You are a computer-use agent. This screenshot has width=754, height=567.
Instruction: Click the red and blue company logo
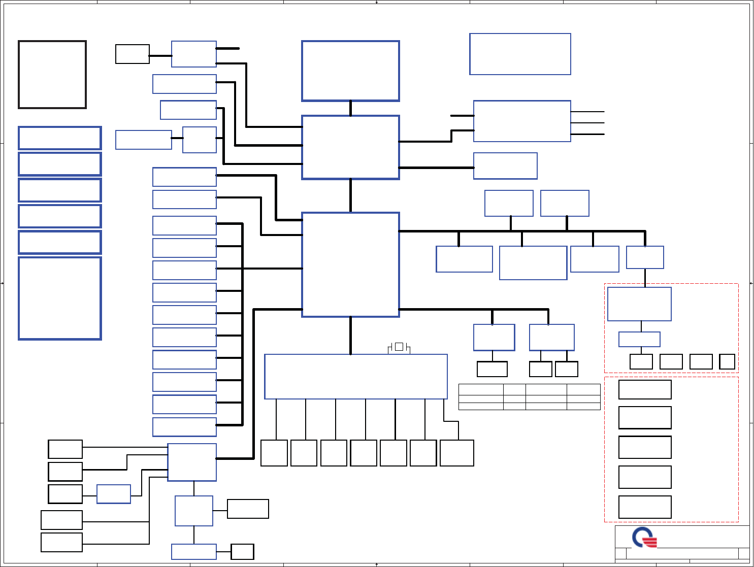tap(644, 537)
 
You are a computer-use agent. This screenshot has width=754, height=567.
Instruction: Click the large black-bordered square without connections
tap(52, 75)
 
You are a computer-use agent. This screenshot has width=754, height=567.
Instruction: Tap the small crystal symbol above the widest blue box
tap(399, 347)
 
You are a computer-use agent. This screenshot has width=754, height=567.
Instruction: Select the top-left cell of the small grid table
tap(480, 389)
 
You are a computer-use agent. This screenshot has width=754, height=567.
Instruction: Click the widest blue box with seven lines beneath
tap(355, 376)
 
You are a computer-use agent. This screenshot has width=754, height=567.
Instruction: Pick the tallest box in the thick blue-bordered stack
tap(60, 298)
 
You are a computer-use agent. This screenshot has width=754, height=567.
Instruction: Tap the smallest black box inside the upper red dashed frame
tap(727, 361)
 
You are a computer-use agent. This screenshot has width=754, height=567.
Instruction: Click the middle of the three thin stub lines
tap(587, 123)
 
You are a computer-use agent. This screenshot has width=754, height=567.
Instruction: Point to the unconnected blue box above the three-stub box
tap(520, 54)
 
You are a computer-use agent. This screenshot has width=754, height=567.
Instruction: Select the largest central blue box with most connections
tap(350, 264)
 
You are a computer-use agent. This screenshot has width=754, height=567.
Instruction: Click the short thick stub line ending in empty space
tap(228, 49)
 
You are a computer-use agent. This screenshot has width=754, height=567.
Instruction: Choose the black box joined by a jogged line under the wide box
tap(456, 453)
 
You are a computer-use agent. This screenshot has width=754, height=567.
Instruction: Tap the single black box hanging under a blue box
tap(492, 369)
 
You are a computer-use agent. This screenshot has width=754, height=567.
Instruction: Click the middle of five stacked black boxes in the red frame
tap(645, 447)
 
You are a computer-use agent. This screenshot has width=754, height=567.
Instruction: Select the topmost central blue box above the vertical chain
tap(350, 71)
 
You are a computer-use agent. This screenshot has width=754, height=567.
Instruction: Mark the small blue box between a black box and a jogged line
tap(113, 494)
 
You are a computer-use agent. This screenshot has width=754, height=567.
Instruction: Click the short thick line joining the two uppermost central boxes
tap(350, 108)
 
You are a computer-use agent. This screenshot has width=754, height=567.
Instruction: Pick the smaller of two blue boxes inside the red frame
tap(639, 339)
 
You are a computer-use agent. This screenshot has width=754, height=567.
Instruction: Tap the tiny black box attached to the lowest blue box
tap(242, 552)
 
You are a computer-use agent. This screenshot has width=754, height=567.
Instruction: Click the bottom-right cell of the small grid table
tap(583, 406)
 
